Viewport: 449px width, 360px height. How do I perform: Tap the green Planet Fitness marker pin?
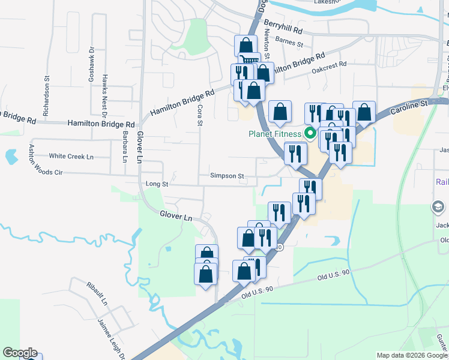click(310, 133)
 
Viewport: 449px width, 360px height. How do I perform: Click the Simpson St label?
click(227, 176)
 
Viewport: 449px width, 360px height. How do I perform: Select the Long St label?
click(155, 184)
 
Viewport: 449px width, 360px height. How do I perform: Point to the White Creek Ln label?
click(71, 156)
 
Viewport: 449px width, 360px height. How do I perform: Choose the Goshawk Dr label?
click(92, 64)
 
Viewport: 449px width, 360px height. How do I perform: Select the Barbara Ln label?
click(125, 146)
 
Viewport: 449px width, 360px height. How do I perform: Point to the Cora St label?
click(200, 115)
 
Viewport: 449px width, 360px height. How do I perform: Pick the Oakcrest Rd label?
click(330, 67)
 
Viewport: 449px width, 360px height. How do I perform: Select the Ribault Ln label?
click(96, 292)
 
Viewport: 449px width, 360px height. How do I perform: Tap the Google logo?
click(20, 353)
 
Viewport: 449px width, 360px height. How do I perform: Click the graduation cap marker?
click(438, 208)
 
